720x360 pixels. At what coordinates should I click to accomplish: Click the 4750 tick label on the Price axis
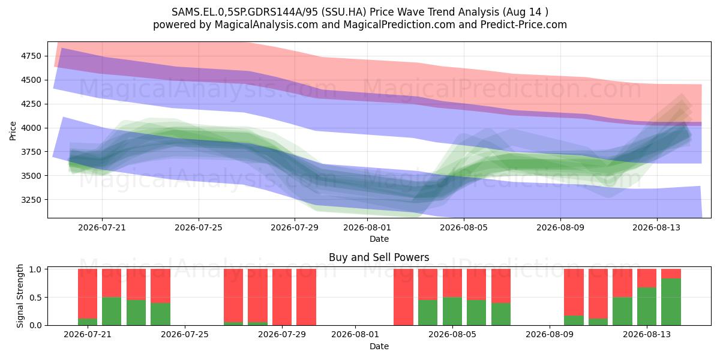point(31,56)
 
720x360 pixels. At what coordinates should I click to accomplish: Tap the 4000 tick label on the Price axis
point(31,128)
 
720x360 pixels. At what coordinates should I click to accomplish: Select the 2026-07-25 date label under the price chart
point(199,227)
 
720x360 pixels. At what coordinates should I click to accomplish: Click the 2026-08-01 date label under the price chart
point(367,227)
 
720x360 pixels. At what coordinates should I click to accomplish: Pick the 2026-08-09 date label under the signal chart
point(550,334)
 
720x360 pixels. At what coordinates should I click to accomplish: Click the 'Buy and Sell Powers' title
point(379,257)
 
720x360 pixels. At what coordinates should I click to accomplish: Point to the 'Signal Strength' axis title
point(20,296)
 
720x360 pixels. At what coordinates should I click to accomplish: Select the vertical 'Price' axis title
point(13,131)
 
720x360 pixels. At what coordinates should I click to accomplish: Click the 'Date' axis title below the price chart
point(379,239)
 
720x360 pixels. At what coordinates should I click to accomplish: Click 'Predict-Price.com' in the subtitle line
point(524,25)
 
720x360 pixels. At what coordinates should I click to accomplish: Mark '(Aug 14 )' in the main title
point(526,12)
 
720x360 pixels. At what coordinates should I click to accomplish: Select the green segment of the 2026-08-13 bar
point(647,307)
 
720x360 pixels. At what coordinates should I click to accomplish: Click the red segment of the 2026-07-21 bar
point(88,294)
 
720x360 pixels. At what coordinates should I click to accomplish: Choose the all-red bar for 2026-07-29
point(282,297)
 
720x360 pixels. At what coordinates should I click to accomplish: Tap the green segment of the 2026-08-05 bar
point(452,311)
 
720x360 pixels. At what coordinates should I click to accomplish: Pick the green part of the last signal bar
point(671,302)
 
